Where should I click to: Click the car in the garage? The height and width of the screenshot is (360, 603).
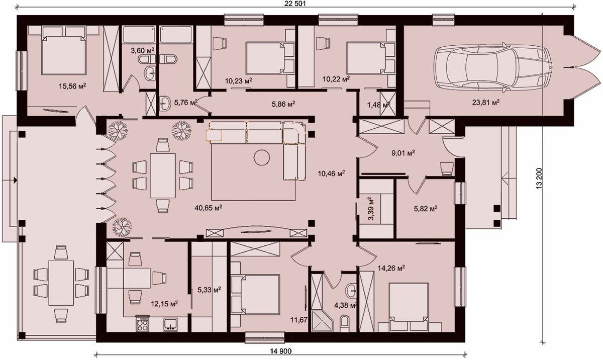[492, 67]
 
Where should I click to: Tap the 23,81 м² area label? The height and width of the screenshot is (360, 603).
[486, 103]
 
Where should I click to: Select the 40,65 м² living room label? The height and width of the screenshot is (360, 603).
[208, 208]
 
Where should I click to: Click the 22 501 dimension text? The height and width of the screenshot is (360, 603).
[295, 4]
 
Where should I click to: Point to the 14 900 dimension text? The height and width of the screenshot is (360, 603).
[280, 351]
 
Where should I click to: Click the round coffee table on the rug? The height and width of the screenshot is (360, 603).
[261, 157]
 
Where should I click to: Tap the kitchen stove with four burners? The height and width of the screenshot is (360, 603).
[142, 323]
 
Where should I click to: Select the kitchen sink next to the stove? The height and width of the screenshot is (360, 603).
[170, 324]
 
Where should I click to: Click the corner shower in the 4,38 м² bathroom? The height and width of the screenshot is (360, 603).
[322, 321]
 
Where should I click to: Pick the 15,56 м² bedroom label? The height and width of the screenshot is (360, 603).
[72, 86]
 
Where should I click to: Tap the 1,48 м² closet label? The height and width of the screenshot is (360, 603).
[378, 105]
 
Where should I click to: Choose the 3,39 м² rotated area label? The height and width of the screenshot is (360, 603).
[371, 208]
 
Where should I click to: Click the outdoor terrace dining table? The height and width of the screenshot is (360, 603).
[61, 283]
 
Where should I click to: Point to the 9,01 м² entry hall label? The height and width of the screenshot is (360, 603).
[403, 153]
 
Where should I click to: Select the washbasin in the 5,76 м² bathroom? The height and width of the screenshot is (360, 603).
[165, 104]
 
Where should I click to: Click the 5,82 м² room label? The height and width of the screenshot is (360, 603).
[425, 208]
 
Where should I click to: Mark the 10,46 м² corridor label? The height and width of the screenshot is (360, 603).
[331, 173]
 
